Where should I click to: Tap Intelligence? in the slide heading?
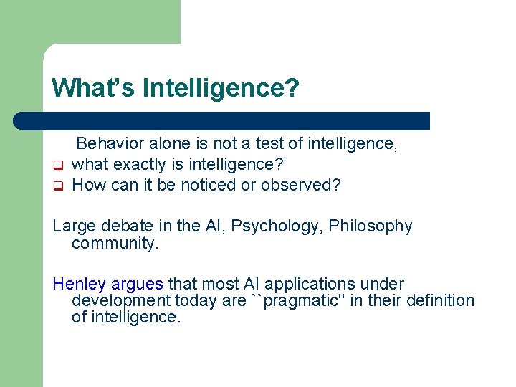click(x=221, y=88)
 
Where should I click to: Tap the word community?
click(x=115, y=244)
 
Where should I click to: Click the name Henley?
click(x=79, y=284)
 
